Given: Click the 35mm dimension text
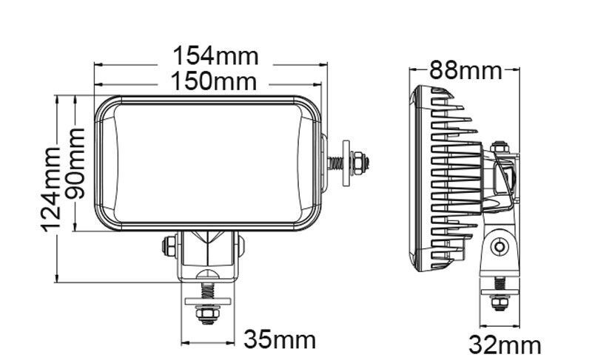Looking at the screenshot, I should coord(280,340).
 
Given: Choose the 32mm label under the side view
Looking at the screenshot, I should coord(505,345).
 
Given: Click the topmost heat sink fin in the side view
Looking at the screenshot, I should coord(437,91).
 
